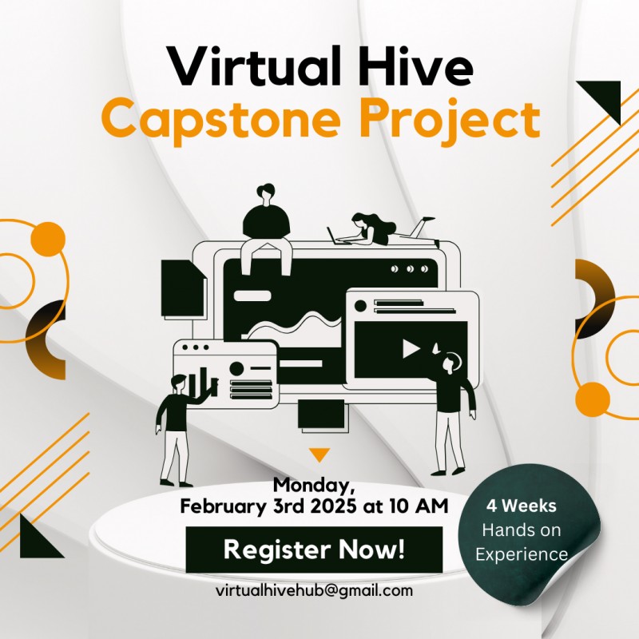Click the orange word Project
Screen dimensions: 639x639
pos(448,120)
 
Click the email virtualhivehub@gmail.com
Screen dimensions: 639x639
pos(314,591)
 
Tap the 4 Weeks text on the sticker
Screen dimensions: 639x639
pos(522,506)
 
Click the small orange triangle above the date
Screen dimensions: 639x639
pos(319,454)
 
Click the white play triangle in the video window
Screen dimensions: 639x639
pos(411,349)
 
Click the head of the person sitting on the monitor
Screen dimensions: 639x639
pos(265,194)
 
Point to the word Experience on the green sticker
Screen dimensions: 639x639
pos(522,554)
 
